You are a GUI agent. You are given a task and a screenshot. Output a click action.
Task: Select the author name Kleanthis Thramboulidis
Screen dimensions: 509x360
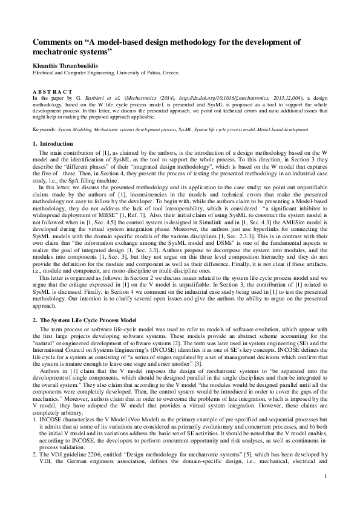tap(69, 64)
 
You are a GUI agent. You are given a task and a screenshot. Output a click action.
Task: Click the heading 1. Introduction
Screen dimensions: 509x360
tap(56, 143)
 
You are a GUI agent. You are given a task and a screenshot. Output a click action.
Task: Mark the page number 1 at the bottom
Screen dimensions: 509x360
tap(326, 478)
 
